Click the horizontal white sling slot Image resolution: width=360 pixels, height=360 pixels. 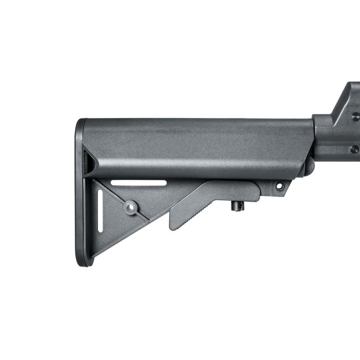pyautogui.click(x=138, y=183)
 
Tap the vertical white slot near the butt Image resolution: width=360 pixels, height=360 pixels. pyautogui.click(x=100, y=211)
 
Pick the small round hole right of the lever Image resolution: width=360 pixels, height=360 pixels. pyautogui.click(x=279, y=187)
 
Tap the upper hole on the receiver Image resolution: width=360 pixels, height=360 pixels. pyautogui.click(x=354, y=116)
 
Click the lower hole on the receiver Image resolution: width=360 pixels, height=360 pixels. pyautogui.click(x=354, y=150)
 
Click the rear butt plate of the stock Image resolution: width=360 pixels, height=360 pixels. pyautogui.click(x=81, y=194)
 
